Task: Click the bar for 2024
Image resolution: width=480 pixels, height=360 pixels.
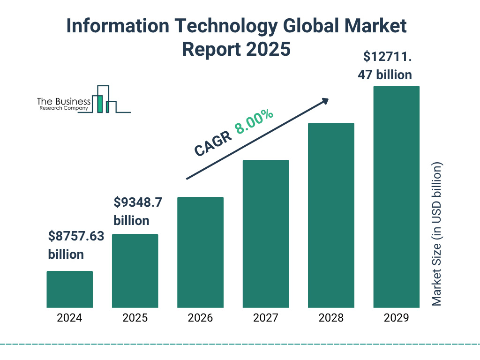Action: [69, 289]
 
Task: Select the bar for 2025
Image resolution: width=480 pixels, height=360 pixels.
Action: [135, 271]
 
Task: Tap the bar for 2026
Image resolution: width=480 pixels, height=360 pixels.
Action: [200, 252]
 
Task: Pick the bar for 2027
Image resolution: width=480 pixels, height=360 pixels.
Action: [265, 234]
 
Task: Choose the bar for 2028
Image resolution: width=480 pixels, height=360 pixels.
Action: [331, 215]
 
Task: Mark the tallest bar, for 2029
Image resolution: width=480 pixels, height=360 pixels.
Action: [396, 197]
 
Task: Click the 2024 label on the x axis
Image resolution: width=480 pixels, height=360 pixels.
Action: [69, 318]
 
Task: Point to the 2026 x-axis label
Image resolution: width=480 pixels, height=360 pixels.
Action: [200, 318]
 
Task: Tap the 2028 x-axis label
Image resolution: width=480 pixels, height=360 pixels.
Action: [331, 318]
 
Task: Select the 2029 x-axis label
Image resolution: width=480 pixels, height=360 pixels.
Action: [396, 318]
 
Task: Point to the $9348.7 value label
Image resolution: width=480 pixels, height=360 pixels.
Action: [138, 202]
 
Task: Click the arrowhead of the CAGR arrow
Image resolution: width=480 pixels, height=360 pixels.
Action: [325, 100]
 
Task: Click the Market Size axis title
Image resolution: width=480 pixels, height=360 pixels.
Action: [437, 234]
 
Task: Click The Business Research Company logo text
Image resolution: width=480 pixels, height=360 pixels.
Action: [64, 105]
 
